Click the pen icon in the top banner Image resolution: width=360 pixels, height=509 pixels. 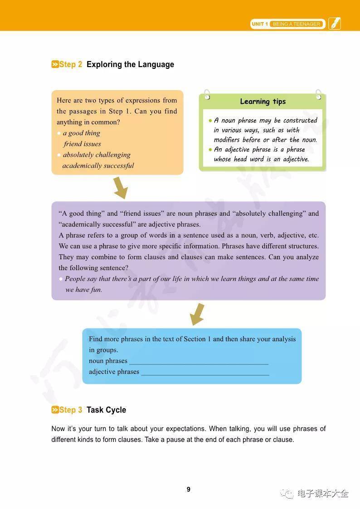[335, 24]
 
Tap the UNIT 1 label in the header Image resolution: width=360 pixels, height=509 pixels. [260, 24]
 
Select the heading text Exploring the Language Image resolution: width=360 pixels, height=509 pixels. [130, 64]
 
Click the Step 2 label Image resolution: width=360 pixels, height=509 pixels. [67, 64]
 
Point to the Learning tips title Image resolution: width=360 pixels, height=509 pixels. [263, 102]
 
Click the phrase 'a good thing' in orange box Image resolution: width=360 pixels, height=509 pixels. [82, 133]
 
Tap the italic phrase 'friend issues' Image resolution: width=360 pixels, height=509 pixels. [82, 144]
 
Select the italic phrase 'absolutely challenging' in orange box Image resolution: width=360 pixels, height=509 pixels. [97, 155]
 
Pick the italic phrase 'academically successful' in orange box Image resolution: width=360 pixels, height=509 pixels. [98, 165]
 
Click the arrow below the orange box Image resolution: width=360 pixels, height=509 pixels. [120, 188]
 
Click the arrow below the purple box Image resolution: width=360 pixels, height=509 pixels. [197, 314]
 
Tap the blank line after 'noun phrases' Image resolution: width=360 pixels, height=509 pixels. [199, 363]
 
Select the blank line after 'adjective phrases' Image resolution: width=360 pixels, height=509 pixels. [205, 374]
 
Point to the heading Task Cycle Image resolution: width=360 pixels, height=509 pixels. [106, 410]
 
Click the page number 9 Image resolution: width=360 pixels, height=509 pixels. [189, 490]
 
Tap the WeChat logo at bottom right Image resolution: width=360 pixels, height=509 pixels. [287, 493]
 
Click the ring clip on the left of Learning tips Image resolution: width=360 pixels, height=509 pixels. [207, 94]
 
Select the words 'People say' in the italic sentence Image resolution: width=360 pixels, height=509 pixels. [81, 279]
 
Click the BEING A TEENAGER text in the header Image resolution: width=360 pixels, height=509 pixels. [297, 24]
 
